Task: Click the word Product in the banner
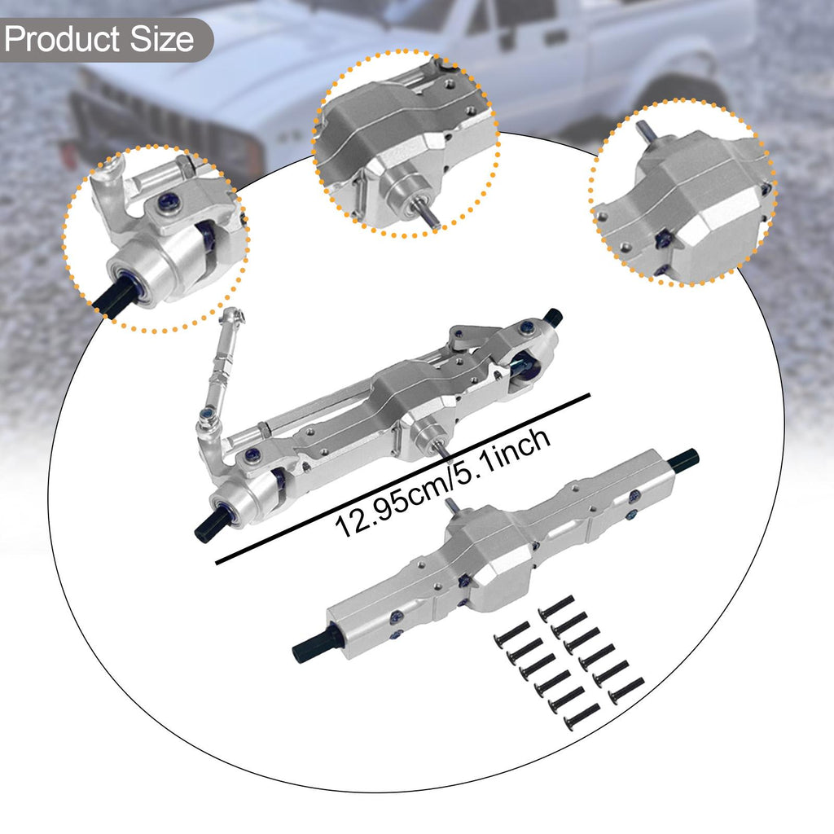point(62,40)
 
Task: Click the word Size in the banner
point(162,39)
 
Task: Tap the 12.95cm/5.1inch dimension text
point(442,484)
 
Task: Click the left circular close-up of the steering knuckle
point(156,239)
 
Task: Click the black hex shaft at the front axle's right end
point(553,318)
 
